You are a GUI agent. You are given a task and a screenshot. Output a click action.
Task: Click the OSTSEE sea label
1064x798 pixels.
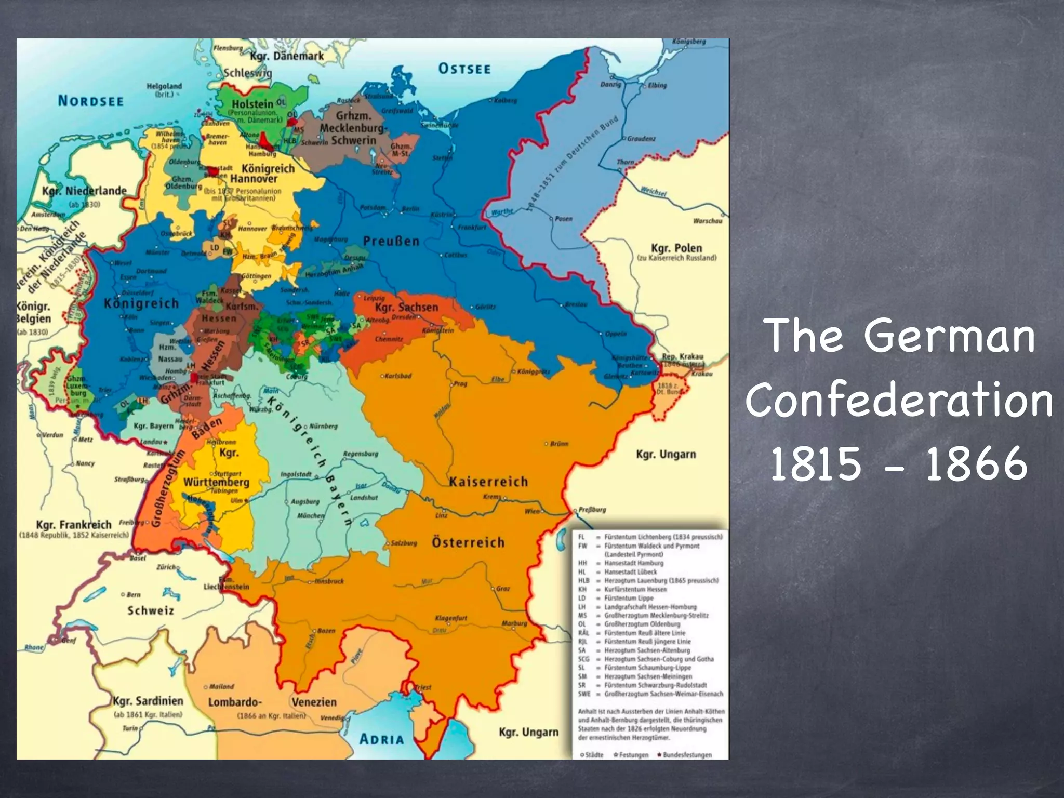pyautogui.click(x=464, y=69)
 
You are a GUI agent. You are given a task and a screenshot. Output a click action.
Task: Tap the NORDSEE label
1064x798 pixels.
pyautogui.click(x=91, y=101)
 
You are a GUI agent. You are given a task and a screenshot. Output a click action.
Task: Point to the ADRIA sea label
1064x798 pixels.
pyautogui.click(x=381, y=739)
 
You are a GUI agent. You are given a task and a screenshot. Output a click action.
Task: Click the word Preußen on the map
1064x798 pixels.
pyautogui.click(x=391, y=241)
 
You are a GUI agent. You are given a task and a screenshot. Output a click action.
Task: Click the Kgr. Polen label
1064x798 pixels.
pyautogui.click(x=676, y=248)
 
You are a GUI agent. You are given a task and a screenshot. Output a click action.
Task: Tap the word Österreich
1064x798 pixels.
pyautogui.click(x=468, y=542)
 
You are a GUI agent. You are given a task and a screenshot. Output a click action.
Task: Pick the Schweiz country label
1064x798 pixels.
pyautogui.click(x=151, y=610)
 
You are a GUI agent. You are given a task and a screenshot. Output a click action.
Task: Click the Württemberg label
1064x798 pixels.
pyautogui.click(x=216, y=482)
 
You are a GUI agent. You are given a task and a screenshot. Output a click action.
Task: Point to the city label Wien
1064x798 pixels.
pyautogui.click(x=531, y=511)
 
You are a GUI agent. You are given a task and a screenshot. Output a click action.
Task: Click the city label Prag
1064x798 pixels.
pyautogui.click(x=460, y=384)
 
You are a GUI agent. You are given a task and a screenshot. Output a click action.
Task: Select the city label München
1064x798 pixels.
pyautogui.click(x=311, y=516)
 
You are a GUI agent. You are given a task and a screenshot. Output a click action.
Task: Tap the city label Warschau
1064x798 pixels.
pyautogui.click(x=708, y=221)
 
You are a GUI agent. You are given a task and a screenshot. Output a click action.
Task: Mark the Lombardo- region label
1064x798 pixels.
pyautogui.click(x=234, y=702)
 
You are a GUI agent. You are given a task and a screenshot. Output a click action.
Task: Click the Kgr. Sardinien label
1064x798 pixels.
pyautogui.click(x=148, y=701)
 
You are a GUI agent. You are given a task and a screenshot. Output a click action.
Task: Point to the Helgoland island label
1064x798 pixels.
pyautogui.click(x=164, y=86)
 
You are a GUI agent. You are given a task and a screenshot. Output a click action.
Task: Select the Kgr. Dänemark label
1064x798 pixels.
pyautogui.click(x=287, y=56)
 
